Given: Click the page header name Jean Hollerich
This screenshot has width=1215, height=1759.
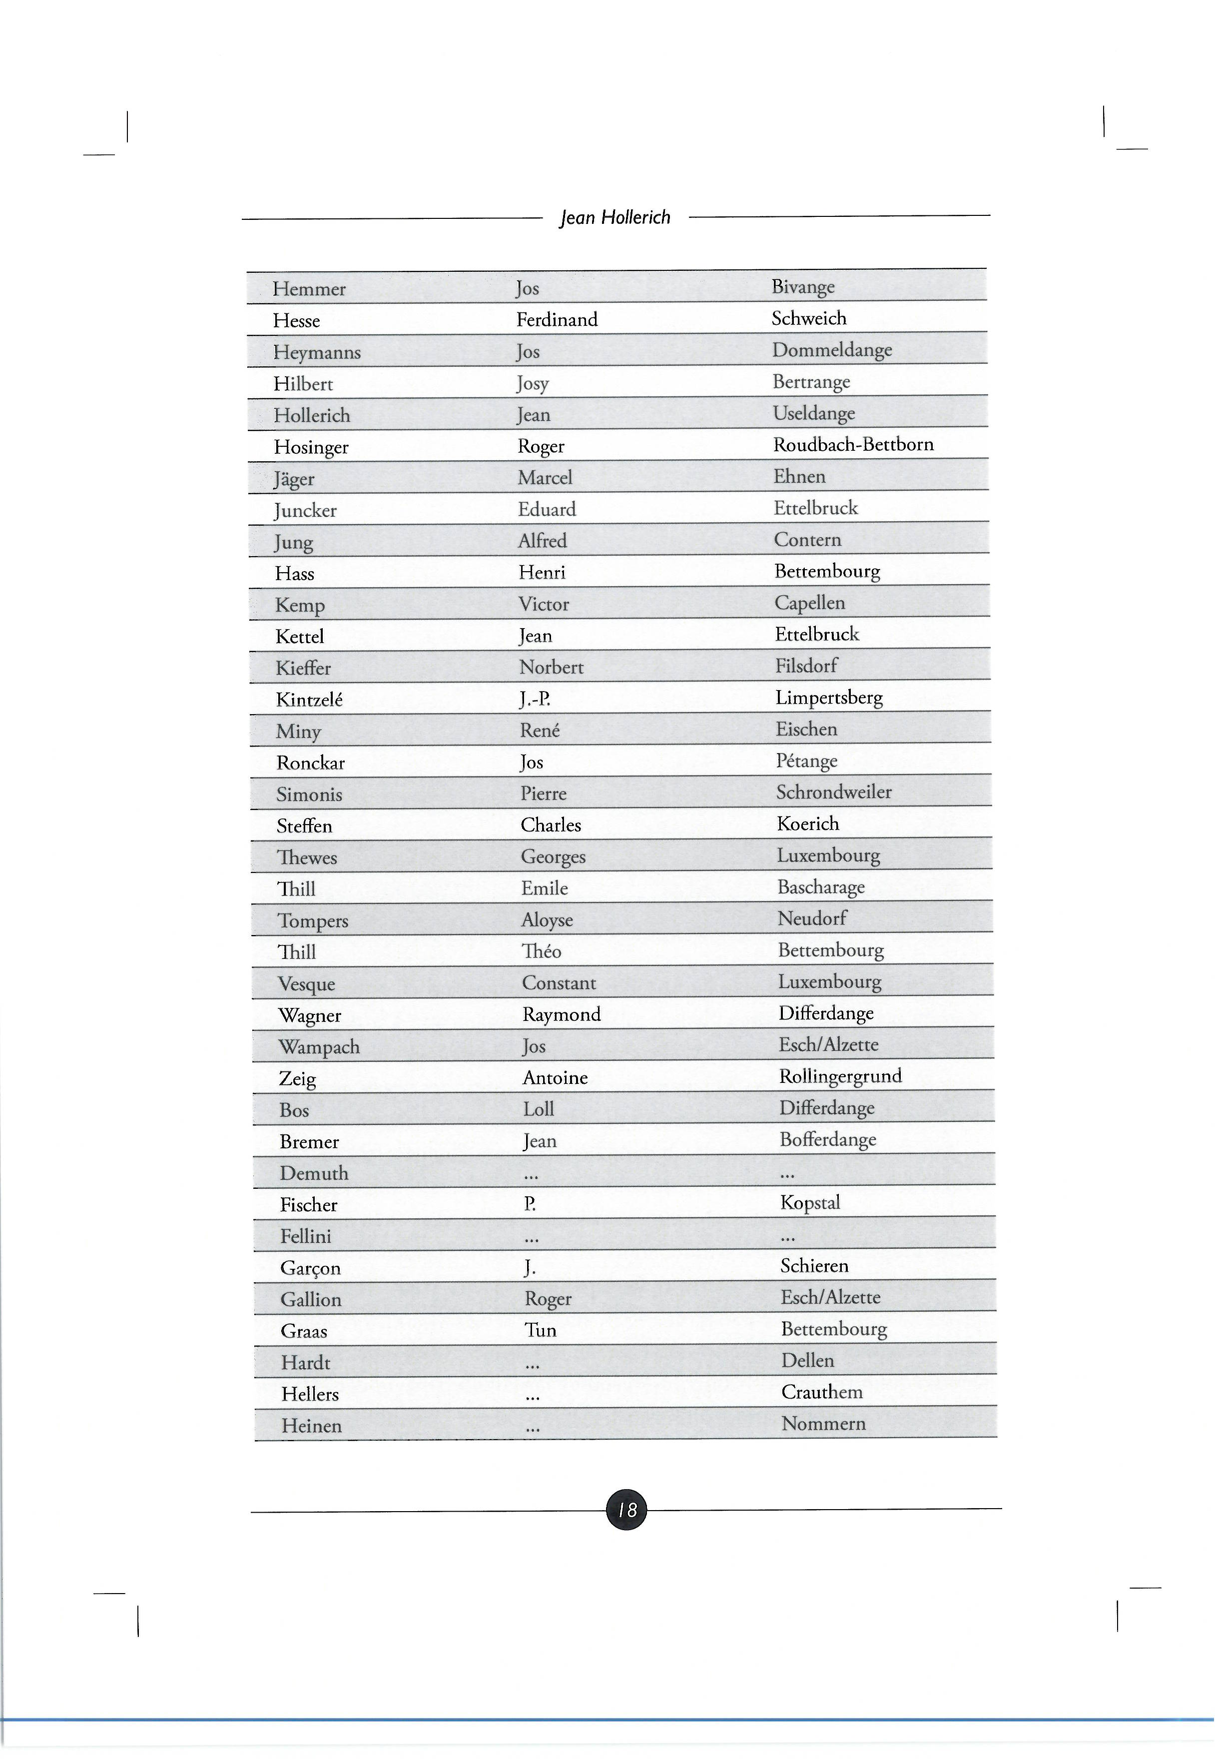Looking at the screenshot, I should [x=614, y=218].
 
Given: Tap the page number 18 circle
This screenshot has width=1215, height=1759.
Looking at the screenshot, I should [x=626, y=1509].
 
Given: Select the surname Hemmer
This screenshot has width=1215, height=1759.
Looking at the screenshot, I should [x=309, y=289].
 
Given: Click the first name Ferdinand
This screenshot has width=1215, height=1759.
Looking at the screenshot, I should [x=557, y=320].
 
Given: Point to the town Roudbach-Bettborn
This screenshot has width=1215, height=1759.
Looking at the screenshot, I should [x=853, y=445].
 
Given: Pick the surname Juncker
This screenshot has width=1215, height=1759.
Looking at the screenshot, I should [x=305, y=511].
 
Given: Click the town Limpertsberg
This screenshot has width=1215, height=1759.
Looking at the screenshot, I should [x=828, y=698].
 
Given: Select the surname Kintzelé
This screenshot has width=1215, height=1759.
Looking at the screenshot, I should [x=309, y=700].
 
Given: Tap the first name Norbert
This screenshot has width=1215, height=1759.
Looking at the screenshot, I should [x=551, y=668].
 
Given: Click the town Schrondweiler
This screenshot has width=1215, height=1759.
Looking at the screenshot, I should [x=834, y=793].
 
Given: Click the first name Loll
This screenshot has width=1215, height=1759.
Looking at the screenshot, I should [x=538, y=1109].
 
